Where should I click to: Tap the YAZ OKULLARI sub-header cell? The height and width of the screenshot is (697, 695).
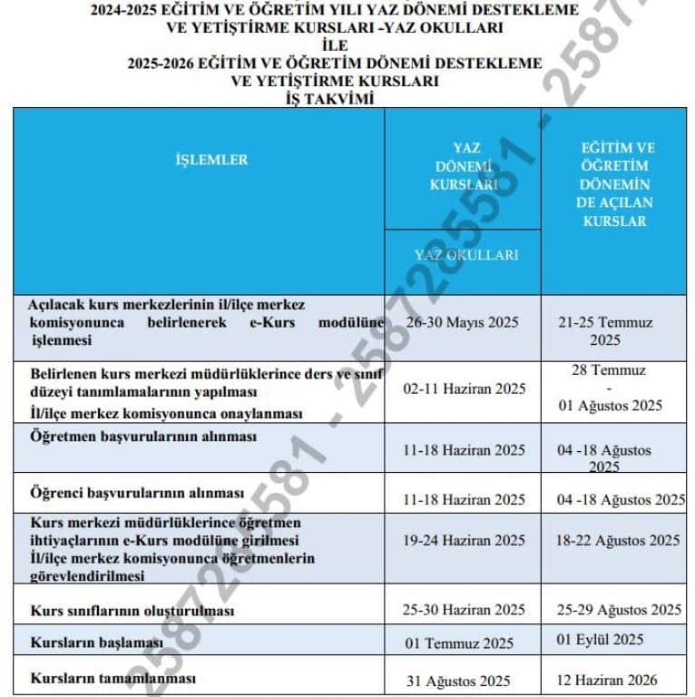coord(465,256)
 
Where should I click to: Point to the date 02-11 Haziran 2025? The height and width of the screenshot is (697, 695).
coord(465,388)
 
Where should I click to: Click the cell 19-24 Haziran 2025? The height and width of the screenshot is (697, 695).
coord(465,540)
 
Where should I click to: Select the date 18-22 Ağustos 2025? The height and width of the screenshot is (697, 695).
coord(618,540)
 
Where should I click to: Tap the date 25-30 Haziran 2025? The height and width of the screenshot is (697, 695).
coord(465,609)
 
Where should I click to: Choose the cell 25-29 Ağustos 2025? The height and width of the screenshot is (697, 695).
coord(619,609)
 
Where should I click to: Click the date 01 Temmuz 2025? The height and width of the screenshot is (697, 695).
coord(459,643)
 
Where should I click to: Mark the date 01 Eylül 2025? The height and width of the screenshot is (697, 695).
coord(602,639)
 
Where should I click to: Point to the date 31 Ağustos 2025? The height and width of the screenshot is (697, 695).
coord(458,681)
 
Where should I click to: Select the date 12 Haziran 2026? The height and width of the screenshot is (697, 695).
coord(607,680)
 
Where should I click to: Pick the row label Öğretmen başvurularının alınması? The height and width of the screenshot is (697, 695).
coord(142,437)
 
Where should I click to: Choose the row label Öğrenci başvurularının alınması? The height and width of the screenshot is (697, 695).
coord(137,493)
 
